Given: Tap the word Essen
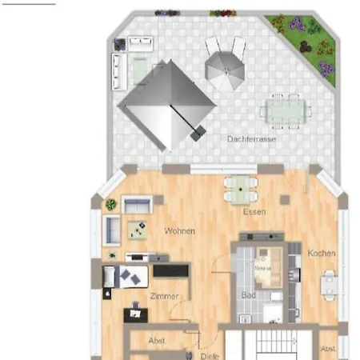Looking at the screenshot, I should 254,212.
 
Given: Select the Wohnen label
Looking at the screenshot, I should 179,231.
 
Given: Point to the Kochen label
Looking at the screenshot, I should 322,254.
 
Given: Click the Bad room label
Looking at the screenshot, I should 248,295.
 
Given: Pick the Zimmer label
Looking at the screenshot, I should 165,296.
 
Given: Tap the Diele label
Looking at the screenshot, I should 210,354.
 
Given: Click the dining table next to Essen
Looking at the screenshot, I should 239,190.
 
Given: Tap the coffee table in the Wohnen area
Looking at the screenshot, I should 138,229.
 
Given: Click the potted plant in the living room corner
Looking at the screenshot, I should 110,205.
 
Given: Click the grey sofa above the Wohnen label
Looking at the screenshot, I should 138,204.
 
